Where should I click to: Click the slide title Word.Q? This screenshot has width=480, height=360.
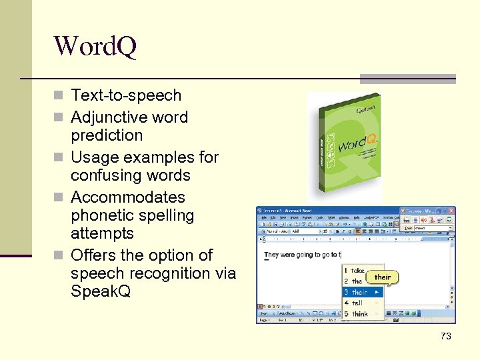(x=95, y=47)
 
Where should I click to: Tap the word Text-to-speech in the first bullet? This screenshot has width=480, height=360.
(x=126, y=96)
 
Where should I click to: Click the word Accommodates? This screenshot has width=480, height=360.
(x=128, y=198)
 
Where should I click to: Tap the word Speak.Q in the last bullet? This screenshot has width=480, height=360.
(x=101, y=292)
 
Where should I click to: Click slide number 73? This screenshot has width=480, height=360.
(x=445, y=337)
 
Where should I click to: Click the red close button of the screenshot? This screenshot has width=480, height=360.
(x=451, y=211)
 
